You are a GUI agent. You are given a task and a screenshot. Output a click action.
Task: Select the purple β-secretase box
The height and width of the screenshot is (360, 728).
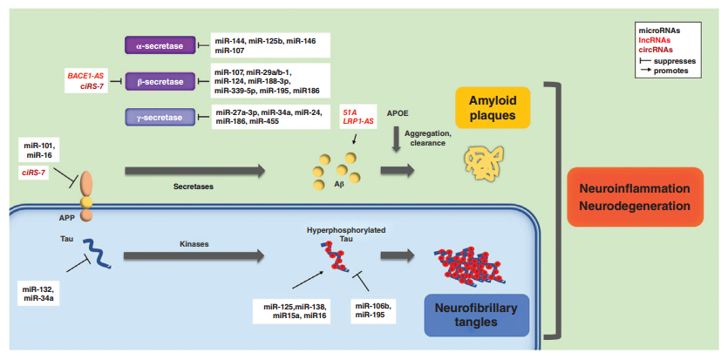click(x=160, y=80)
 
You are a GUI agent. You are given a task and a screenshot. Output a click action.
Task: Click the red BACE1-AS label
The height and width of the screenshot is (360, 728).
click(x=86, y=76)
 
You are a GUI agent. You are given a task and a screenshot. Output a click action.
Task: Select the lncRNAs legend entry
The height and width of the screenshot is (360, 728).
click(x=657, y=40)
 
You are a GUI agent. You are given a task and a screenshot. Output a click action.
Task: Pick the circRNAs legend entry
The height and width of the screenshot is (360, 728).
click(x=658, y=51)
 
